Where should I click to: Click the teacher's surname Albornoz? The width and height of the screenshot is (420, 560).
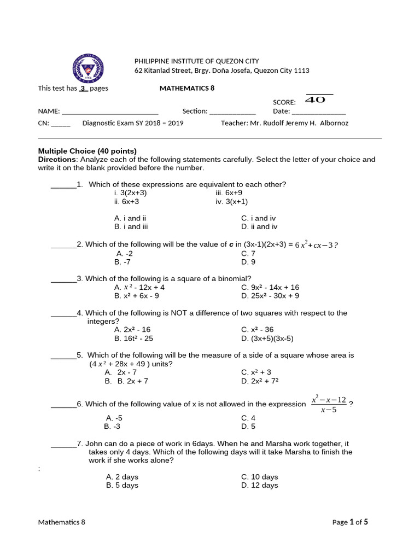330,123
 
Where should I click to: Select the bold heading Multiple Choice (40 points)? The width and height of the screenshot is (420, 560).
87,151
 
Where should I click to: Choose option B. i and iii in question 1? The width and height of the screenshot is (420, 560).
131,226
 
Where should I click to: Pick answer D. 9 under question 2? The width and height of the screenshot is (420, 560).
248,262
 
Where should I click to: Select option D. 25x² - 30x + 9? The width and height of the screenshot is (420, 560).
270,296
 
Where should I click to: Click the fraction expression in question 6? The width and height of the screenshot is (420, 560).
329,405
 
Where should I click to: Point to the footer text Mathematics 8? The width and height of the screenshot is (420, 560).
62,522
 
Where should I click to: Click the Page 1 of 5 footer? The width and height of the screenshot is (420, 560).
350,522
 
